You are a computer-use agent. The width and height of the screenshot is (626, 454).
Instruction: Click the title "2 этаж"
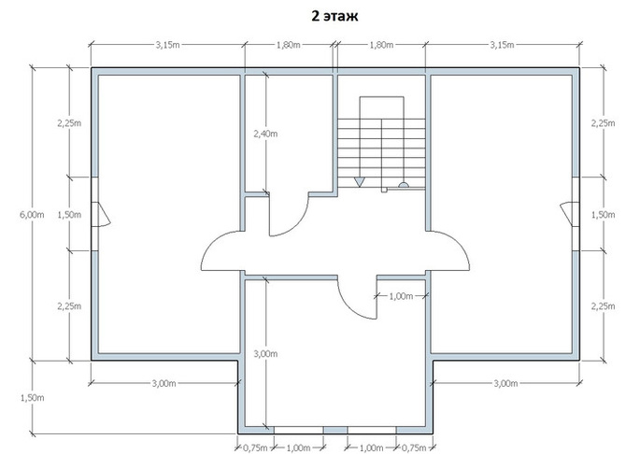click(334, 16)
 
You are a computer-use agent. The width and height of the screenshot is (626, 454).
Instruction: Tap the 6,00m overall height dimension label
click(32, 215)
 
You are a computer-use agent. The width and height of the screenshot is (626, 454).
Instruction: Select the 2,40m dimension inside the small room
click(265, 134)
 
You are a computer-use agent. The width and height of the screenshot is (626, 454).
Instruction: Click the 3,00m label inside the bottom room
click(265, 354)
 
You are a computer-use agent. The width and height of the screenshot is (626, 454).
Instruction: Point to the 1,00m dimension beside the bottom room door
click(401, 296)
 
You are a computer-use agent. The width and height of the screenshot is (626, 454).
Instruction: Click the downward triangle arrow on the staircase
click(360, 182)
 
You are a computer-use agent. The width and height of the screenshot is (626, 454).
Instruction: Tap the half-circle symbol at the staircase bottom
click(404, 185)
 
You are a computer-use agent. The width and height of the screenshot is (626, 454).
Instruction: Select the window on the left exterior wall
click(95, 214)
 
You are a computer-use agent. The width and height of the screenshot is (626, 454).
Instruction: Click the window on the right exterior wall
click(576, 214)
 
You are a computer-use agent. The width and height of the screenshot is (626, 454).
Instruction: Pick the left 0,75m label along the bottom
click(255, 447)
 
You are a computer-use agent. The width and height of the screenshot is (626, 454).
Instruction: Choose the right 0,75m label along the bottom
click(414, 447)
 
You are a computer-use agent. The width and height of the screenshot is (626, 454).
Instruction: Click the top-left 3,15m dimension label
click(167, 45)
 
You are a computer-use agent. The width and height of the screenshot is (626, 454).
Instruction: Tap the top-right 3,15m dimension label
click(503, 45)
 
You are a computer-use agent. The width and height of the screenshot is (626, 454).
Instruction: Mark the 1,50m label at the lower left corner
click(32, 398)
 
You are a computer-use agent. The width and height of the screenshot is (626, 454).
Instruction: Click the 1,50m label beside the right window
click(604, 215)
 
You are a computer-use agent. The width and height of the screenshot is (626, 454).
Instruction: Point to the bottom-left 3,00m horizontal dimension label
click(164, 383)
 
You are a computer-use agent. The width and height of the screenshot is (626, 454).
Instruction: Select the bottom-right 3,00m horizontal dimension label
click(505, 383)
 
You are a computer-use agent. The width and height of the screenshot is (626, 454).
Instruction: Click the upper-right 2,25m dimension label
click(604, 123)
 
